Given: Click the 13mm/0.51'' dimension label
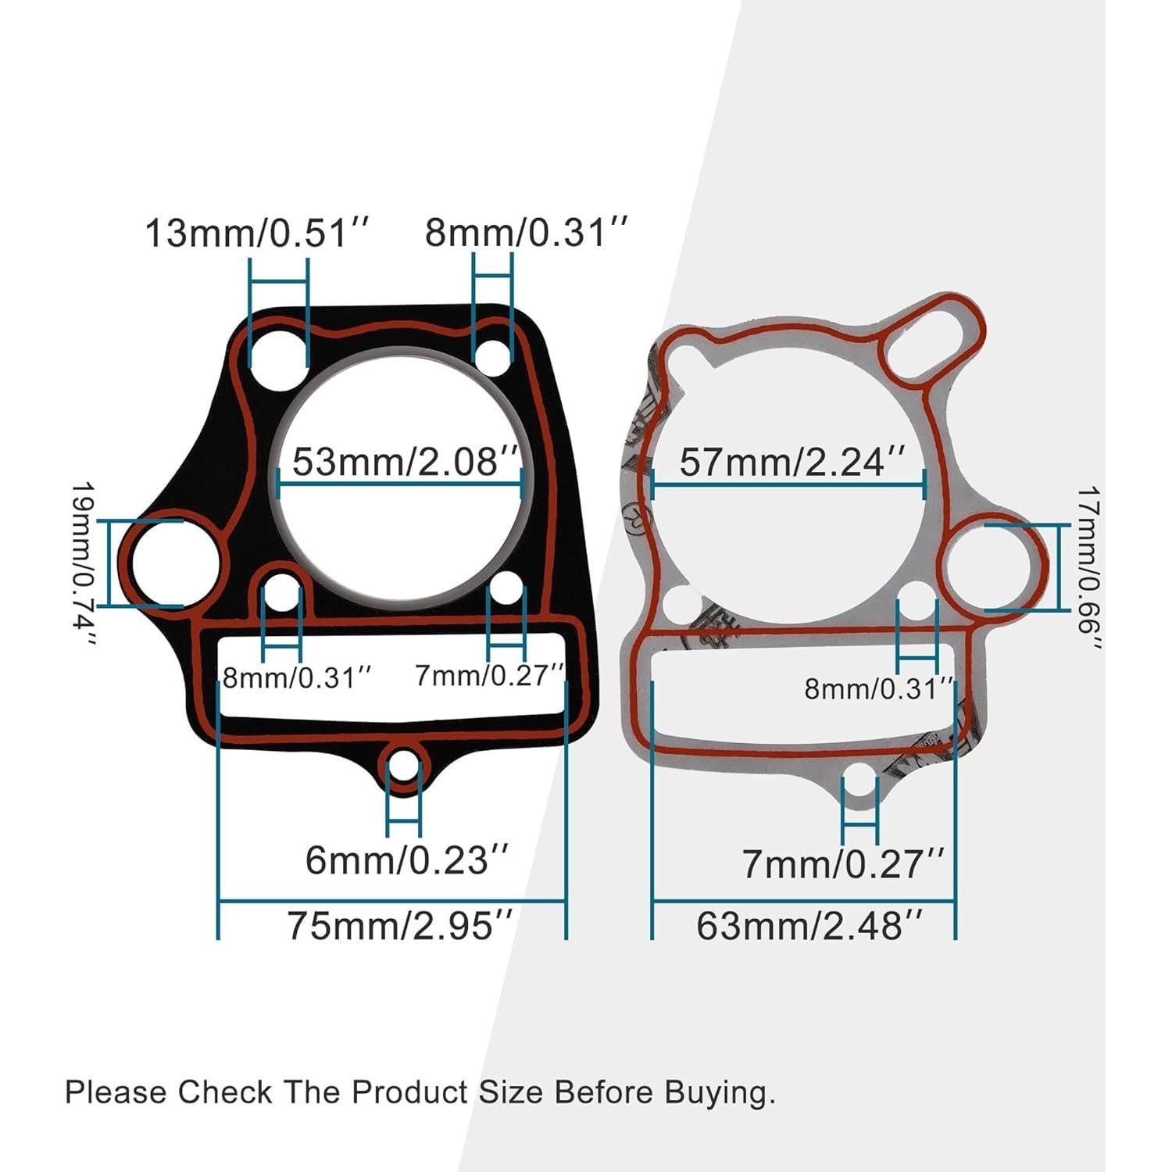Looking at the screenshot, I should point(255,233).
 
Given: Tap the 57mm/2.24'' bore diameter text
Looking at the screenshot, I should point(792,461).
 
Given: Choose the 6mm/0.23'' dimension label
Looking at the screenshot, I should point(407,860).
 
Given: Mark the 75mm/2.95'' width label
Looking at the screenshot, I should point(400,926).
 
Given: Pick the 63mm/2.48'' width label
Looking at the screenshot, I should point(809,926).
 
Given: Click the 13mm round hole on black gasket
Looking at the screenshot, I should point(278,358).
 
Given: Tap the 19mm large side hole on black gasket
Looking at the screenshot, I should point(176,563).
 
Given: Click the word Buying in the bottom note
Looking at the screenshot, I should point(719,1092).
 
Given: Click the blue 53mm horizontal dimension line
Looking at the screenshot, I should point(399,484).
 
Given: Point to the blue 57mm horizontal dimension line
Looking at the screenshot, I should point(788,484).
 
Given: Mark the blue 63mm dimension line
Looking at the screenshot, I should point(803,901).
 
